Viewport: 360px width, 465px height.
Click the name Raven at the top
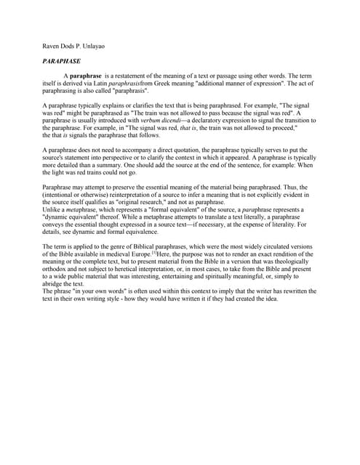tap(52, 46)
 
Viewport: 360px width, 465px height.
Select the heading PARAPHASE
tap(62, 61)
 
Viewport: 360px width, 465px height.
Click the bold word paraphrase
tap(85, 76)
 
